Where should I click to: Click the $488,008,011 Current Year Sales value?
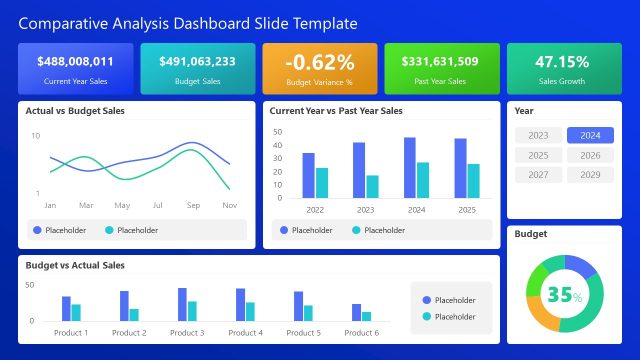tap(75, 62)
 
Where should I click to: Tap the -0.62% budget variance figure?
tap(320, 62)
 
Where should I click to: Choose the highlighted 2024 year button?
tap(590, 135)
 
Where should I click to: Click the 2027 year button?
tap(538, 175)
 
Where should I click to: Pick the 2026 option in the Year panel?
tap(590, 155)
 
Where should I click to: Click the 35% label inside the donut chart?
tap(564, 295)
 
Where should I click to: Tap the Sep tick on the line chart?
tap(193, 205)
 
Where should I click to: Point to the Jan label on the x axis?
tap(50, 205)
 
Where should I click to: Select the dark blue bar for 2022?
tap(308, 175)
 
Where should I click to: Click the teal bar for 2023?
tap(373, 186)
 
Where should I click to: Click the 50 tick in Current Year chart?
tap(277, 131)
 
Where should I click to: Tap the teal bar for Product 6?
tap(367, 316)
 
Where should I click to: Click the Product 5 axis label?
tap(303, 333)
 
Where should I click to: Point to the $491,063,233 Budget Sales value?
tap(198, 62)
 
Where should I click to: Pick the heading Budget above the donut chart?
tap(530, 234)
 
